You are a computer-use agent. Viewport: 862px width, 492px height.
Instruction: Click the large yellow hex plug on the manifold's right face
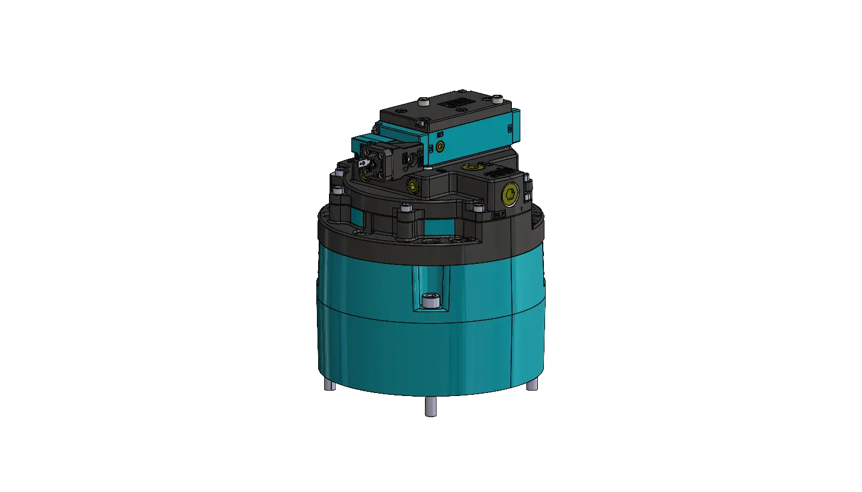511,193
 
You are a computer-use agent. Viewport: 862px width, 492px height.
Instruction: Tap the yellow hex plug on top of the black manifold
468,167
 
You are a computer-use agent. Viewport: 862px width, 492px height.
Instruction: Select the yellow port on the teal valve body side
440,147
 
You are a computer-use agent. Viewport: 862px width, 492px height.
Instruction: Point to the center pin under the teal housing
431,408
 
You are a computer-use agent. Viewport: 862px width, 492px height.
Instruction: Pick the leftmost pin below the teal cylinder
330,385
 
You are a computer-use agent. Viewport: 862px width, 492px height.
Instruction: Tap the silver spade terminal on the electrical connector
363,162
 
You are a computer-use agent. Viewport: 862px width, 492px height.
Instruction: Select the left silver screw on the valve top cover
399,111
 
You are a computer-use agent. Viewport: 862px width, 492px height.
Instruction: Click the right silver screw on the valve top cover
496,97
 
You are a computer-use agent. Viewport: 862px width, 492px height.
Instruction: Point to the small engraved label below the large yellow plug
499,214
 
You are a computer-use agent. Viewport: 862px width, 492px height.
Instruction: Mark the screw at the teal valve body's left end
375,129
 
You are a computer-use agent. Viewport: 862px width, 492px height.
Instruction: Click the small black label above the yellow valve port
440,133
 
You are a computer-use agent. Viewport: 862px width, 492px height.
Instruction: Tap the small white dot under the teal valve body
427,170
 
